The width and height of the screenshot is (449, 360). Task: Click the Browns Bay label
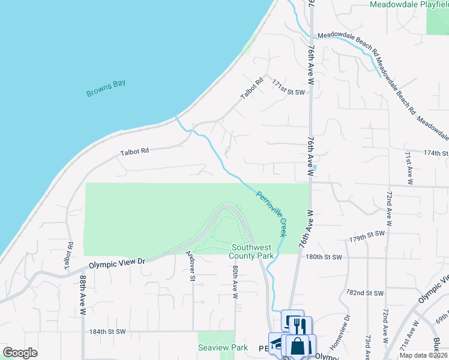point(106,88)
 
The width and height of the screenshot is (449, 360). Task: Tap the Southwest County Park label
point(252,251)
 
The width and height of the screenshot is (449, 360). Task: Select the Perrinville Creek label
point(272,214)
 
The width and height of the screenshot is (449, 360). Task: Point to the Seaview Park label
point(214,347)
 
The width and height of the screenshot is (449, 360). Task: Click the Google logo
point(20,353)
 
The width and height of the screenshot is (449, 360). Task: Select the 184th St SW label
point(107,331)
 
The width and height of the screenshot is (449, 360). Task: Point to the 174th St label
point(435,154)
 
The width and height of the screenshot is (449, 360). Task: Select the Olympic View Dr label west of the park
point(117,262)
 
